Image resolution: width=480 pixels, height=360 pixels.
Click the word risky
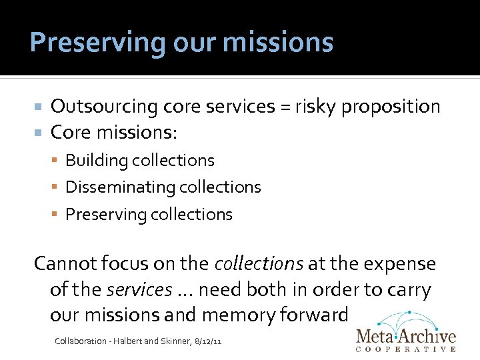(x=317, y=107)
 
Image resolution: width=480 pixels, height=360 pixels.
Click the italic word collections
(x=259, y=264)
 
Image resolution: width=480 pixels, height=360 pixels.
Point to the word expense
(x=400, y=264)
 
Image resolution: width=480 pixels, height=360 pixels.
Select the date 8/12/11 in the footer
(x=207, y=341)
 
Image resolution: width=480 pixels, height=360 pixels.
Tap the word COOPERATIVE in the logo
(x=407, y=349)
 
